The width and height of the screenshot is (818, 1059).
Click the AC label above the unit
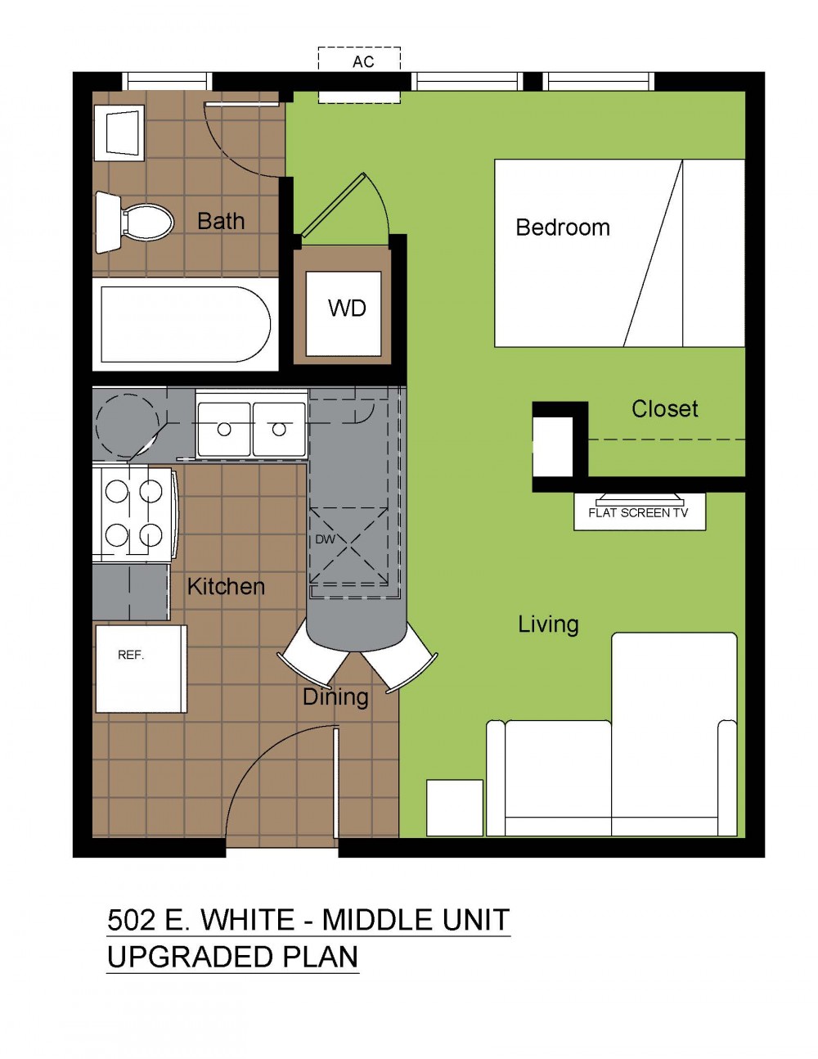363,62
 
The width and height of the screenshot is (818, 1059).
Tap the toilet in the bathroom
134,223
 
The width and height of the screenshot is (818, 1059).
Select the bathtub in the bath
185,325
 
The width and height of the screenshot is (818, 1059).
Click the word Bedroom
563,228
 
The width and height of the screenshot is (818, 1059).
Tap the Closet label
664,408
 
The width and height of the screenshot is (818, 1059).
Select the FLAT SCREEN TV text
638,512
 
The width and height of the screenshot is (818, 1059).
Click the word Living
548,624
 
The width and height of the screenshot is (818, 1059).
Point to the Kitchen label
226,586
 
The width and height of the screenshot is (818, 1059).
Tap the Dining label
335,697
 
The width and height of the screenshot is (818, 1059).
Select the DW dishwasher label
326,539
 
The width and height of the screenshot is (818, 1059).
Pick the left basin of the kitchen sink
223,429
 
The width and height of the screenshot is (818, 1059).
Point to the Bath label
221,221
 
